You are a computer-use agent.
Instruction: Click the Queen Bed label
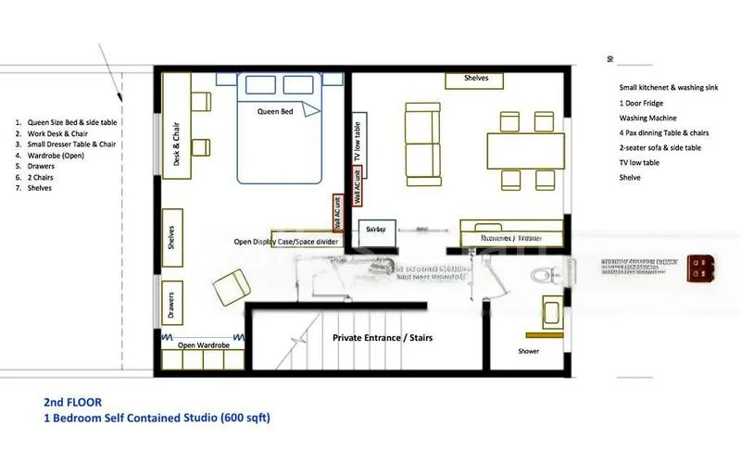tap(275, 111)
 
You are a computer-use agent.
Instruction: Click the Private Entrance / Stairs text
tap(383, 338)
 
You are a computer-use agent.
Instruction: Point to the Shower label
tap(528, 351)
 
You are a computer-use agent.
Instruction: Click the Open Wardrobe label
tap(204, 345)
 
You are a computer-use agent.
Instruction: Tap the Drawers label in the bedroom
tap(171, 304)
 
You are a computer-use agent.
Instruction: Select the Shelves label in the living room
tap(476, 80)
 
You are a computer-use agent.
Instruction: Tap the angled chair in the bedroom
tap(232, 287)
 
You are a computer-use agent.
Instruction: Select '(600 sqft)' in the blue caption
tap(245, 418)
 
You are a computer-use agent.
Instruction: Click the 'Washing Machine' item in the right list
tap(647, 119)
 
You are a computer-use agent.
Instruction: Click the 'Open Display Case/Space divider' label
tap(285, 242)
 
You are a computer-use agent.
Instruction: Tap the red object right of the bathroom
tap(699, 267)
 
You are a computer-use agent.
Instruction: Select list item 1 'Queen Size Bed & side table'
tap(72, 122)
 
